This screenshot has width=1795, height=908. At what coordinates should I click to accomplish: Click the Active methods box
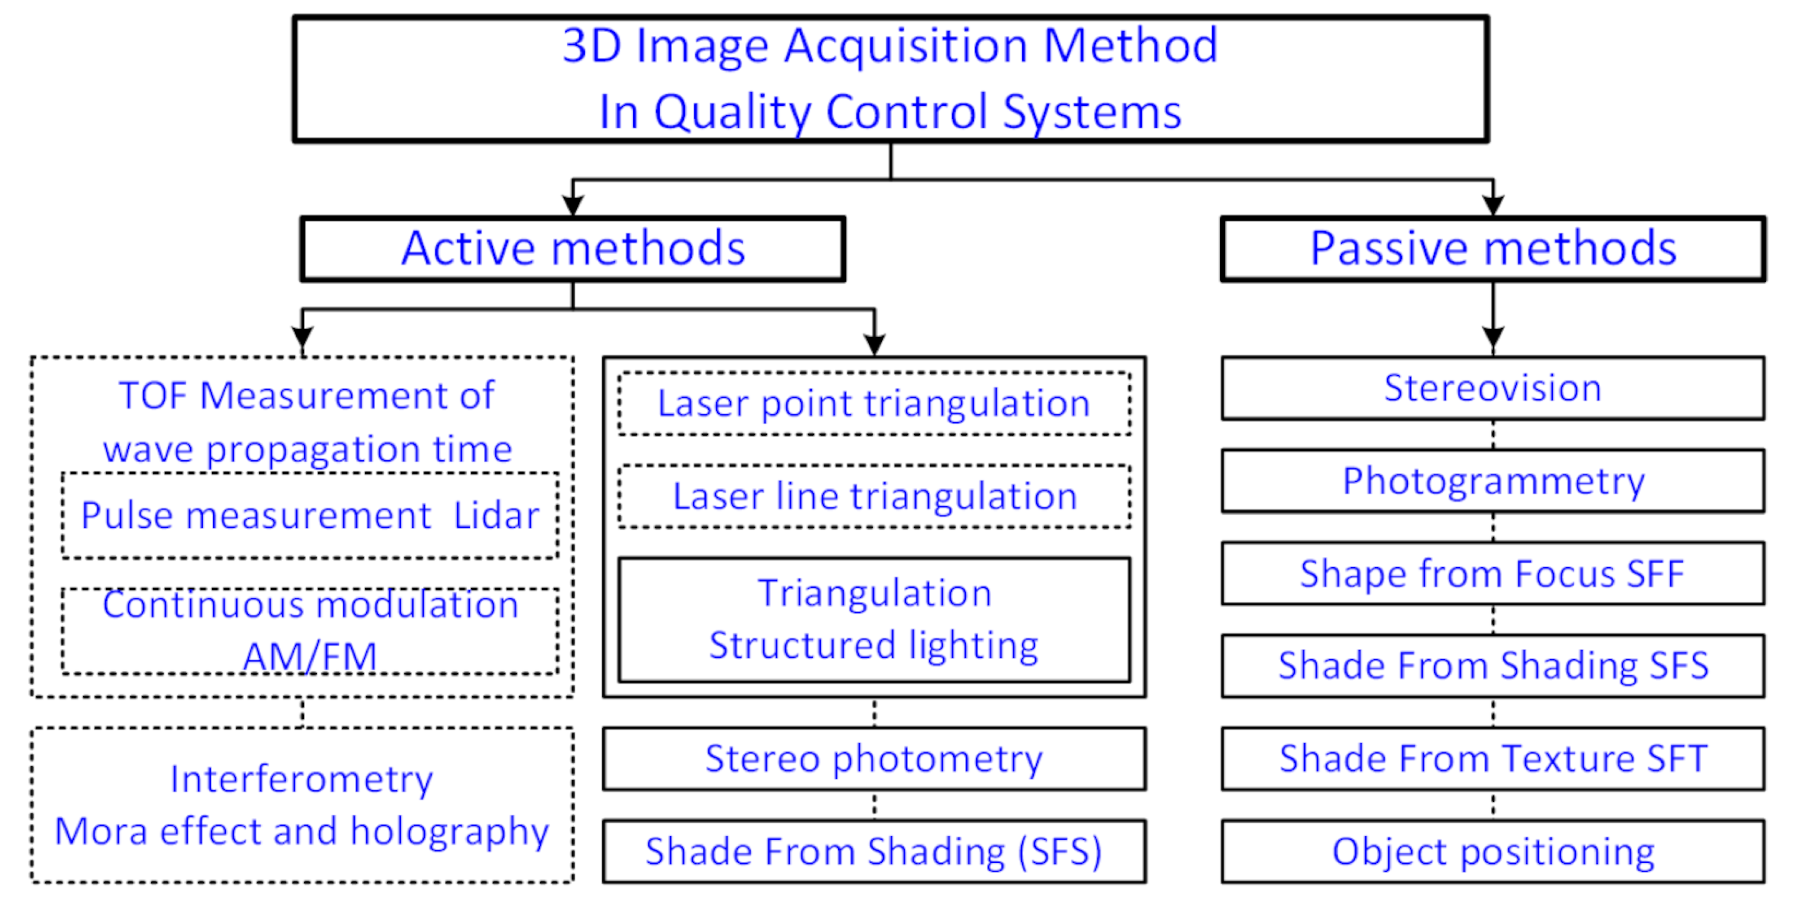[x=573, y=248]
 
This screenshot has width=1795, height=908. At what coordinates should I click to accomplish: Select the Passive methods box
[x=1493, y=248]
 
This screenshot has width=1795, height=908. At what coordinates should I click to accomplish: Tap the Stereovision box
[x=1493, y=388]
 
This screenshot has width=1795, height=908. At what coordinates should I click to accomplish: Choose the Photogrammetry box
[x=1493, y=481]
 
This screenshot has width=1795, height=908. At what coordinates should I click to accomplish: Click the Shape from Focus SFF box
[x=1493, y=573]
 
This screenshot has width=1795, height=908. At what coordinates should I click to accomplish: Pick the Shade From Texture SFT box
[x=1493, y=758]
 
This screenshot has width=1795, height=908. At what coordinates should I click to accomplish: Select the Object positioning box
[x=1493, y=851]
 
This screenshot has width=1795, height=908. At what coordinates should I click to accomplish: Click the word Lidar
[x=496, y=515]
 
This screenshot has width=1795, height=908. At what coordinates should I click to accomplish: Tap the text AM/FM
[x=309, y=656]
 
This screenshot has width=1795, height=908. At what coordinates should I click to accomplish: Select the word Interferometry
[x=301, y=778]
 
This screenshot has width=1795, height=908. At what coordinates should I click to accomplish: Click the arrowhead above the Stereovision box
[x=1493, y=339]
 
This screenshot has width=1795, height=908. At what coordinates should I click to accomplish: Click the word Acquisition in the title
[x=906, y=46]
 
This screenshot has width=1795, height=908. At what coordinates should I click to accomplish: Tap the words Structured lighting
[x=874, y=645]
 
